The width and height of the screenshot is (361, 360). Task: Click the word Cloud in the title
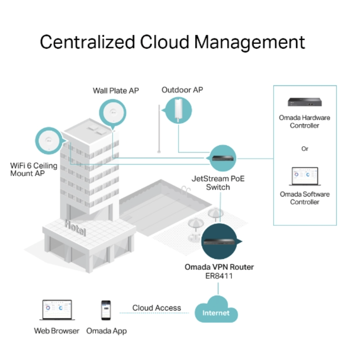pyautogui.click(x=164, y=42)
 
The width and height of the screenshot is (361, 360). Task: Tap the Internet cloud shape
pyautogui.click(x=216, y=310)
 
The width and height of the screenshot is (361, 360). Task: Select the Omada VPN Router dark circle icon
pyautogui.click(x=219, y=241)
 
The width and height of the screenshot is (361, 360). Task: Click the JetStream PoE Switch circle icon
pyautogui.click(x=223, y=158)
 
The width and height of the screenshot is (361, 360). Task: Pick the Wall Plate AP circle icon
pyautogui.click(x=113, y=113)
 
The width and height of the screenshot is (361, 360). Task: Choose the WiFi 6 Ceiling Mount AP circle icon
pyautogui.click(x=49, y=141)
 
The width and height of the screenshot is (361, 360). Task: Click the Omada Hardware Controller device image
pyautogui.click(x=304, y=102)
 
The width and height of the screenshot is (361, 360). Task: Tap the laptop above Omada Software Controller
pyautogui.click(x=305, y=177)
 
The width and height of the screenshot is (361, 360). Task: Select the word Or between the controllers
pyautogui.click(x=304, y=149)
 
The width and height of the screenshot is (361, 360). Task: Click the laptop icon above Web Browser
pyautogui.click(x=57, y=310)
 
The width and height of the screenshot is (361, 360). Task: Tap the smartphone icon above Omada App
pyautogui.click(x=106, y=310)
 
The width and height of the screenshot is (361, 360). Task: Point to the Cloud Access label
pyautogui.click(x=157, y=308)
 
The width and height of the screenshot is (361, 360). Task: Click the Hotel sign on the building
pyautogui.click(x=75, y=228)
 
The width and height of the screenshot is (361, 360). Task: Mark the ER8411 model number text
pyautogui.click(x=219, y=275)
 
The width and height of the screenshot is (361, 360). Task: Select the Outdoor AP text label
pyautogui.click(x=182, y=90)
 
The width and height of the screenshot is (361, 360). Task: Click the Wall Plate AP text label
pyautogui.click(x=116, y=91)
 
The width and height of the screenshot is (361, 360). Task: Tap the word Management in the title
pyautogui.click(x=250, y=43)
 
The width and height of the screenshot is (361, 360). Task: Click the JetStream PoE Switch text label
pyautogui.click(x=218, y=183)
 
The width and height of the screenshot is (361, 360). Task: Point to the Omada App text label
pyautogui.click(x=107, y=331)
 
